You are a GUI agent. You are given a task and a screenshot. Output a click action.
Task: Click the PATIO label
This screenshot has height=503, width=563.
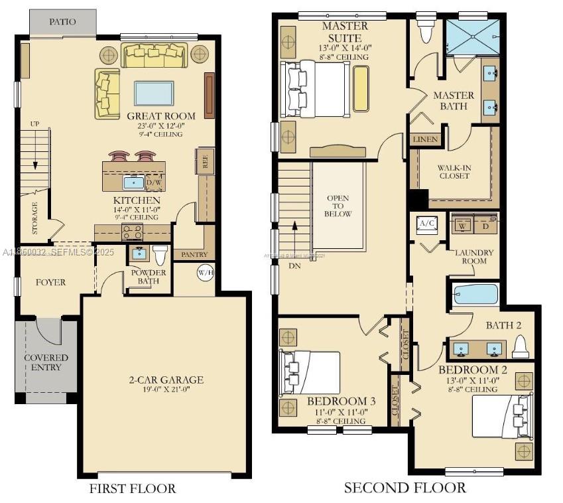62,22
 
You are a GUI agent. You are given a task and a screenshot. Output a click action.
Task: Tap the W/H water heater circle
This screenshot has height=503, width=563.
205,272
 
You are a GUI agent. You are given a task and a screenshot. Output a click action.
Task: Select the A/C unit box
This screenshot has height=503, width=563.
425,224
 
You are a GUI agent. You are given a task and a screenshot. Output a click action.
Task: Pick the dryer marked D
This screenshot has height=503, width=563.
486,226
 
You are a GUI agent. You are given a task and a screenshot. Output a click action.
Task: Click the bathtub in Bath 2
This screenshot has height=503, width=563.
474,293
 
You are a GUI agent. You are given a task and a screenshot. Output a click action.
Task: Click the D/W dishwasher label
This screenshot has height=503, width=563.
153,182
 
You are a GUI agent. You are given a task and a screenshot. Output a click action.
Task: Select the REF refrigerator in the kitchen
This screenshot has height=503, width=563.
205,163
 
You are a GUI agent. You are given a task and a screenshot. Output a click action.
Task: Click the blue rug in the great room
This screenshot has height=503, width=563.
155,92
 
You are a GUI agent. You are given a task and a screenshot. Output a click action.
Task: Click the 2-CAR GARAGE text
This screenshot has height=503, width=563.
166,380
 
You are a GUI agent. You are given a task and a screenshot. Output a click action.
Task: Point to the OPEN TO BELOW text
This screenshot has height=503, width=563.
338,206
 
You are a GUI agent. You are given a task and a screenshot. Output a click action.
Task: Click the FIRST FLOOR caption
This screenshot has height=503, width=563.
133,489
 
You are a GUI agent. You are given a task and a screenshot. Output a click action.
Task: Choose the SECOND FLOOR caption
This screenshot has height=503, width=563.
405,488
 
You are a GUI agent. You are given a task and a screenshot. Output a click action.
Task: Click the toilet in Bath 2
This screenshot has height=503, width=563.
521,346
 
